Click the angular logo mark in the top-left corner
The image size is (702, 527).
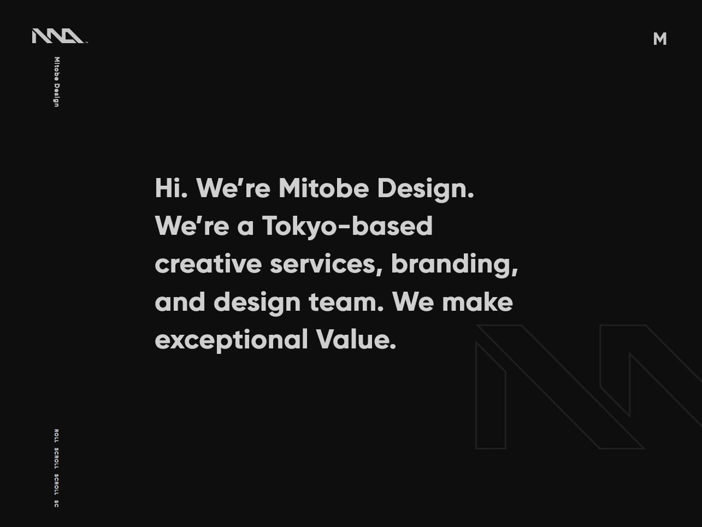click(59, 36)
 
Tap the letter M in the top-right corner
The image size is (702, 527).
click(660, 39)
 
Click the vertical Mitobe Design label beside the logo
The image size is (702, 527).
click(57, 82)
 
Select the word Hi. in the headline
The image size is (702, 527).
click(171, 188)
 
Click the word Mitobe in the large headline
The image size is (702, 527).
click(323, 188)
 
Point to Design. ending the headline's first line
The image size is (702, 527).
click(426, 190)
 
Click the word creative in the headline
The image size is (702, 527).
click(208, 264)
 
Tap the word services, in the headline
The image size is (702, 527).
click(326, 265)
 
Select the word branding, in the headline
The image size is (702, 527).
click(455, 265)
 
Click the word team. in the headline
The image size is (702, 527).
click(346, 303)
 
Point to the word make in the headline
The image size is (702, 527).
click(477, 301)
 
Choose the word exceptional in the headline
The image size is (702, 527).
click(231, 341)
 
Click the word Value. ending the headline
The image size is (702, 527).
click(356, 339)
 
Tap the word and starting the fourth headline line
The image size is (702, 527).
click(180, 301)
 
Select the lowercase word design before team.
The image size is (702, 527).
click(257, 303)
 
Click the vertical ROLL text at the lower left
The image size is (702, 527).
click(56, 436)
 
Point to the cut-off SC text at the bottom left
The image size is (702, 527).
click(56, 504)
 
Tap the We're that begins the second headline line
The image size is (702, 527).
click(192, 226)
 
